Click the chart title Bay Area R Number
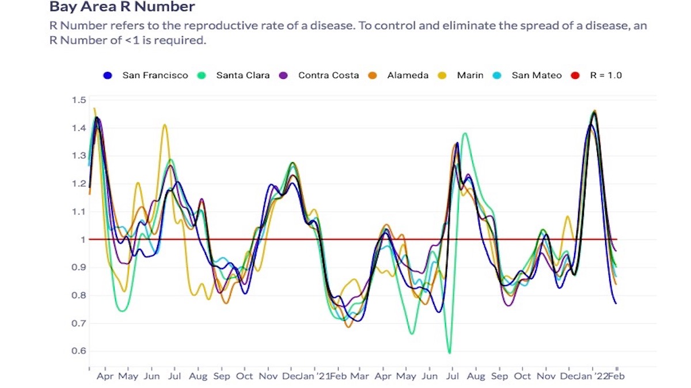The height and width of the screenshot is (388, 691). [x=122, y=7]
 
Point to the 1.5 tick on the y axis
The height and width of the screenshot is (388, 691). [x=79, y=101]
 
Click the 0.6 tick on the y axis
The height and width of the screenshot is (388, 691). [x=79, y=351]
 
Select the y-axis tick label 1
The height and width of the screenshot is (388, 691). [x=83, y=240]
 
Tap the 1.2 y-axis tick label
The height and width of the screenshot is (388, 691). [x=79, y=184]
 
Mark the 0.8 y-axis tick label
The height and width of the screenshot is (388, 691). [x=79, y=295]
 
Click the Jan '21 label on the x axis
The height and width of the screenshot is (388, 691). [x=318, y=377]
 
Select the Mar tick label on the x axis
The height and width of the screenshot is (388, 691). [x=359, y=377]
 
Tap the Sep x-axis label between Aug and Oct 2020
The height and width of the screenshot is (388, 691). [x=222, y=377]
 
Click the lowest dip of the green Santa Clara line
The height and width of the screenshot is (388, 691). [x=449, y=352]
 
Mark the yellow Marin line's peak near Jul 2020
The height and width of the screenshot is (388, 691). [x=165, y=125]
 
